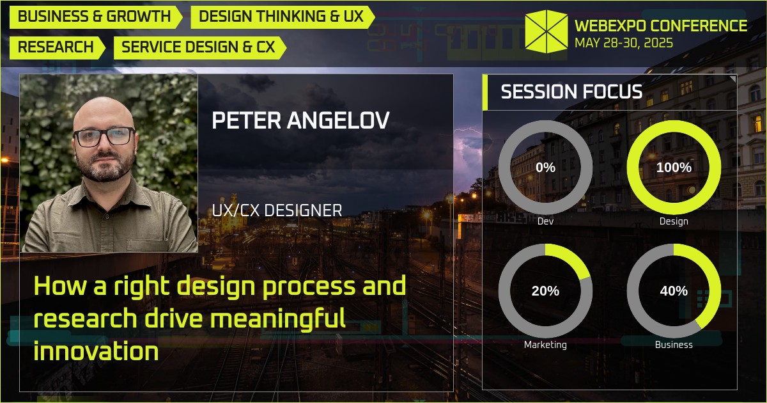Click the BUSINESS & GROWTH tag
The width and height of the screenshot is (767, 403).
[95, 17]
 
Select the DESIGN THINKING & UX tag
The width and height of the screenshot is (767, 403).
[281, 17]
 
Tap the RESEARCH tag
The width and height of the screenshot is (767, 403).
[56, 47]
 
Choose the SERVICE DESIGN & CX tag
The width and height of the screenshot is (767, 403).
[198, 47]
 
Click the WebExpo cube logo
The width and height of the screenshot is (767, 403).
[546, 31]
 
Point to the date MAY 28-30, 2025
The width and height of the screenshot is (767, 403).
[623, 43]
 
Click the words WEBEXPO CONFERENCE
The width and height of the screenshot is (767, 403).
[661, 26]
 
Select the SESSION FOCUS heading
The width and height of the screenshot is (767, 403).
[571, 91]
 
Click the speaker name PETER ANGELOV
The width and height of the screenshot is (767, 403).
[300, 121]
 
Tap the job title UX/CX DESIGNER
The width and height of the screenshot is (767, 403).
[277, 210]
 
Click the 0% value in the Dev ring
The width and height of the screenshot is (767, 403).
[545, 168]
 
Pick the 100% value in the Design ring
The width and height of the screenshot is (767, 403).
[674, 168]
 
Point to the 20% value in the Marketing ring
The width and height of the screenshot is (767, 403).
[545, 291]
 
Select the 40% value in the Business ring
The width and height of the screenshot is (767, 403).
[674, 291]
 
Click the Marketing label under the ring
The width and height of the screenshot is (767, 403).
[545, 345]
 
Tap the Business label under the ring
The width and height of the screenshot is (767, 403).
[674, 345]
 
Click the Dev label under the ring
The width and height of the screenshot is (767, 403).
[545, 221]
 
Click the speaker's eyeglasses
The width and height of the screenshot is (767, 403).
[104, 136]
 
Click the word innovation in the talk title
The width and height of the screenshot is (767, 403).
[96, 351]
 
